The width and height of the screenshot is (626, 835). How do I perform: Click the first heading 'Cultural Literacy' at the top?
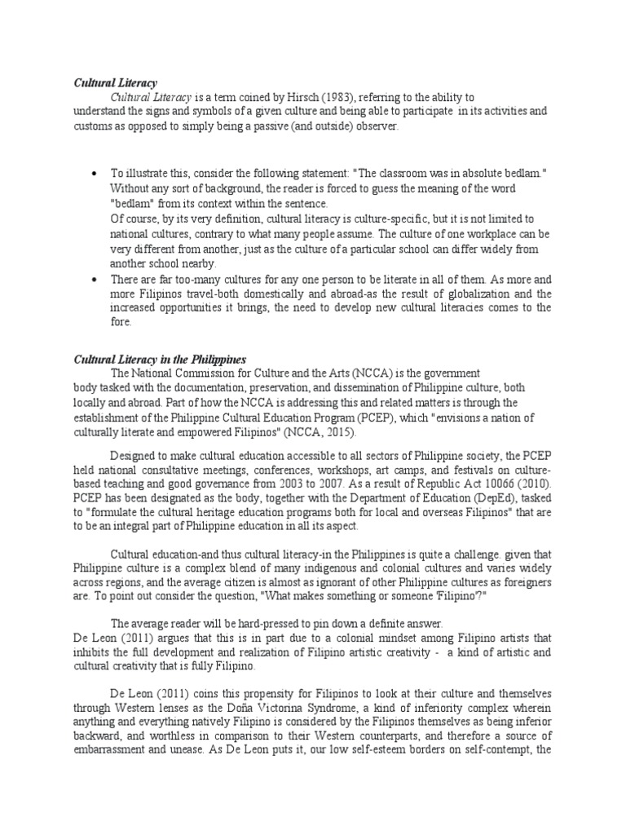(x=115, y=83)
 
